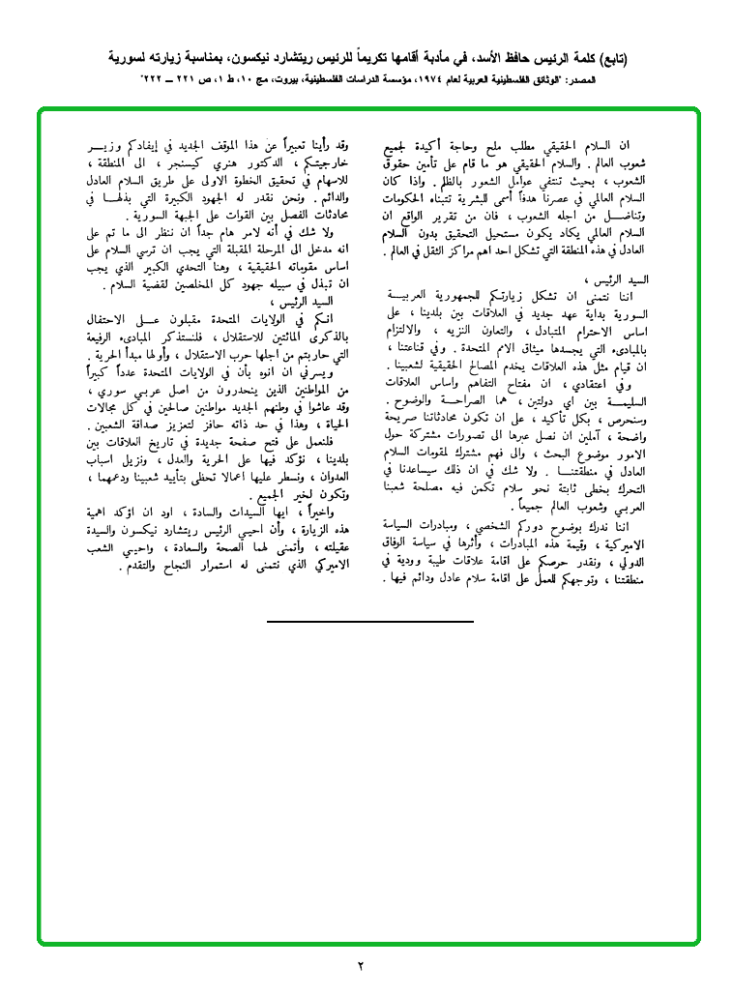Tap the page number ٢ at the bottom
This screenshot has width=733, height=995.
pos(361,966)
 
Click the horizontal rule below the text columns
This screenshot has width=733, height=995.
pos(370,619)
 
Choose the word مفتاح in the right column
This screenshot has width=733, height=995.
pos(532,385)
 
